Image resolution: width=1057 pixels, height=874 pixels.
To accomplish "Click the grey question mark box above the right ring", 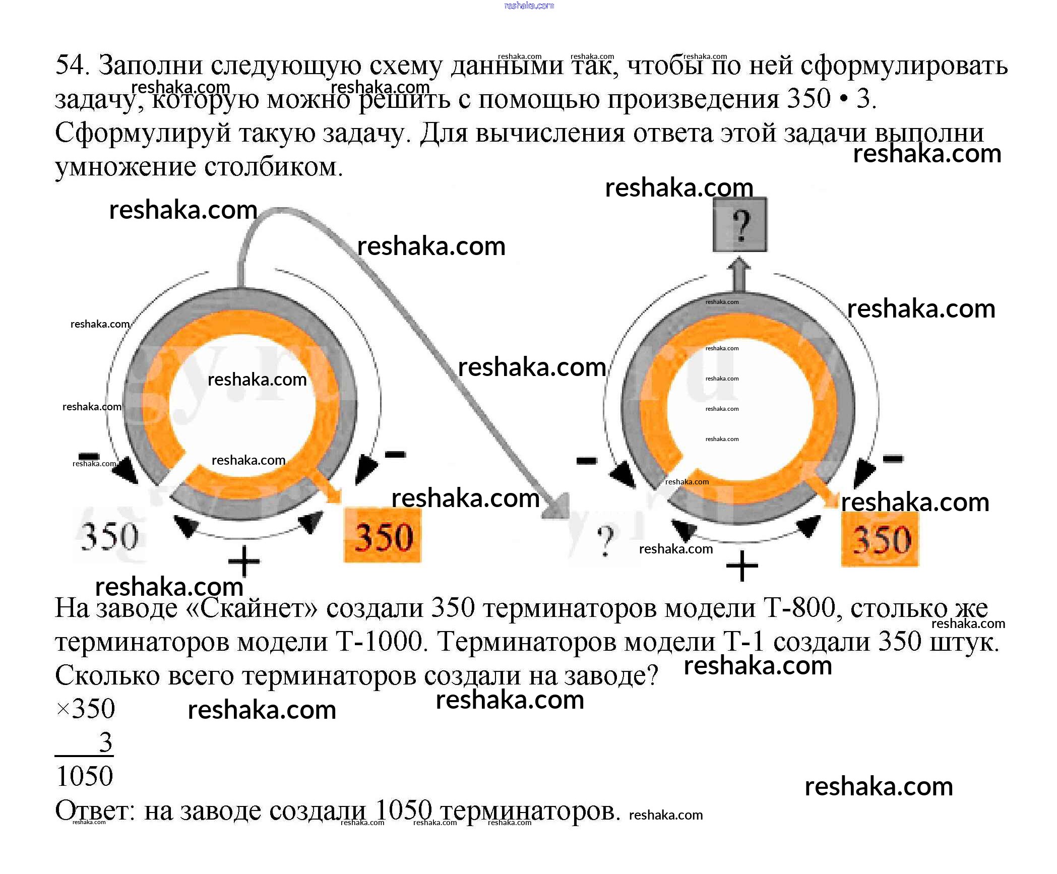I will (x=739, y=225).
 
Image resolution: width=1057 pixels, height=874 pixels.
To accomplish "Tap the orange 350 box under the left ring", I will (x=383, y=535).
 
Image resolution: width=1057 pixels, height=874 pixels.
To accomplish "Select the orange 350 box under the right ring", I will (x=880, y=539).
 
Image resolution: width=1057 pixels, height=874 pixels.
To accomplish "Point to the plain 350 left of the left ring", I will (x=109, y=535).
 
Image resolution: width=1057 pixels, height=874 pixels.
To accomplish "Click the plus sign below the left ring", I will (x=244, y=561).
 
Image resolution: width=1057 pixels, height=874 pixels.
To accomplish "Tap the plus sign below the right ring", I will (x=741, y=566).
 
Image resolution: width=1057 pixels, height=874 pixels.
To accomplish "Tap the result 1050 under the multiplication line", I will (x=85, y=776).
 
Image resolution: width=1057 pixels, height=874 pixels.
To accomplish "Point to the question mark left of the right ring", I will (x=605, y=540).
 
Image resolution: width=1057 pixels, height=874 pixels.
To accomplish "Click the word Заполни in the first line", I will (x=150, y=66).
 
